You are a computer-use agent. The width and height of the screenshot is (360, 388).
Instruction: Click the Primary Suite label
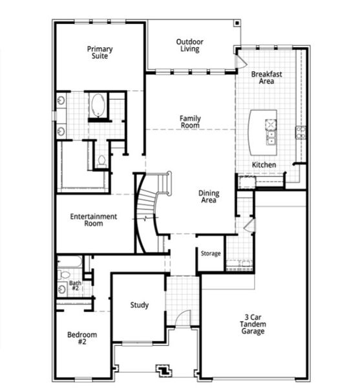point(100,52)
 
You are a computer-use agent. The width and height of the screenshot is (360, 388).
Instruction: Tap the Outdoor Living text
point(189,45)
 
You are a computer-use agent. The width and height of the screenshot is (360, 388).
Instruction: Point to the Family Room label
point(189,122)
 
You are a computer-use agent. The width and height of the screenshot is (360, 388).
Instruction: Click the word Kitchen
point(264,165)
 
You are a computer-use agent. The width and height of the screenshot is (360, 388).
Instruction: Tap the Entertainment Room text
point(94,220)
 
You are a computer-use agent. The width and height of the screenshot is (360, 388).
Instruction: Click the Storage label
point(210,253)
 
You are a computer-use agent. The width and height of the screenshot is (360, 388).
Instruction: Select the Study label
point(139,305)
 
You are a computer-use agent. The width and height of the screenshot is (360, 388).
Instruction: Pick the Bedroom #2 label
point(82,338)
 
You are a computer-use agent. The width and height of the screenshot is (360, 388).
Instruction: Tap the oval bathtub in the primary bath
point(98,105)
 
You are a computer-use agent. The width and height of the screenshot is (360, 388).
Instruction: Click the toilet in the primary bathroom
point(101,160)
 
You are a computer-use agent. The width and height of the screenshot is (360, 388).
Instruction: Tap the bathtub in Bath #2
point(69,261)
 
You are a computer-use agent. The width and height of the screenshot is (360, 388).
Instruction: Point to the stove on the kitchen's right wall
point(301,133)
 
